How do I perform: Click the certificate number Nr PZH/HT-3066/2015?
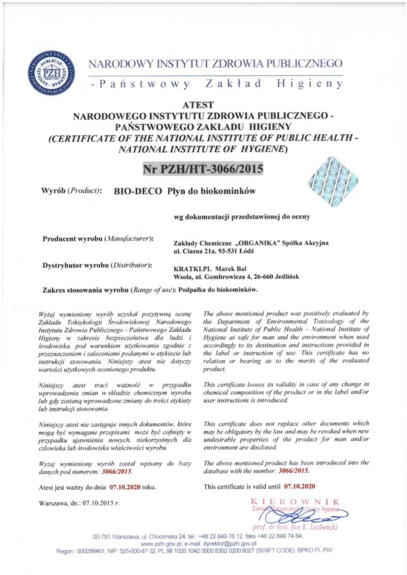203,168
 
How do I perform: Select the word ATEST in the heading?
203,104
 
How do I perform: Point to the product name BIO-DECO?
132,191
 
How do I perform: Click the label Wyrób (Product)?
71,191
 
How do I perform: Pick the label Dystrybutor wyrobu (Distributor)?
98,264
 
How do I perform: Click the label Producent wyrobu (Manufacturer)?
98,239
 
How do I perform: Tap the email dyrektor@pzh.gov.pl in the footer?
229,544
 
